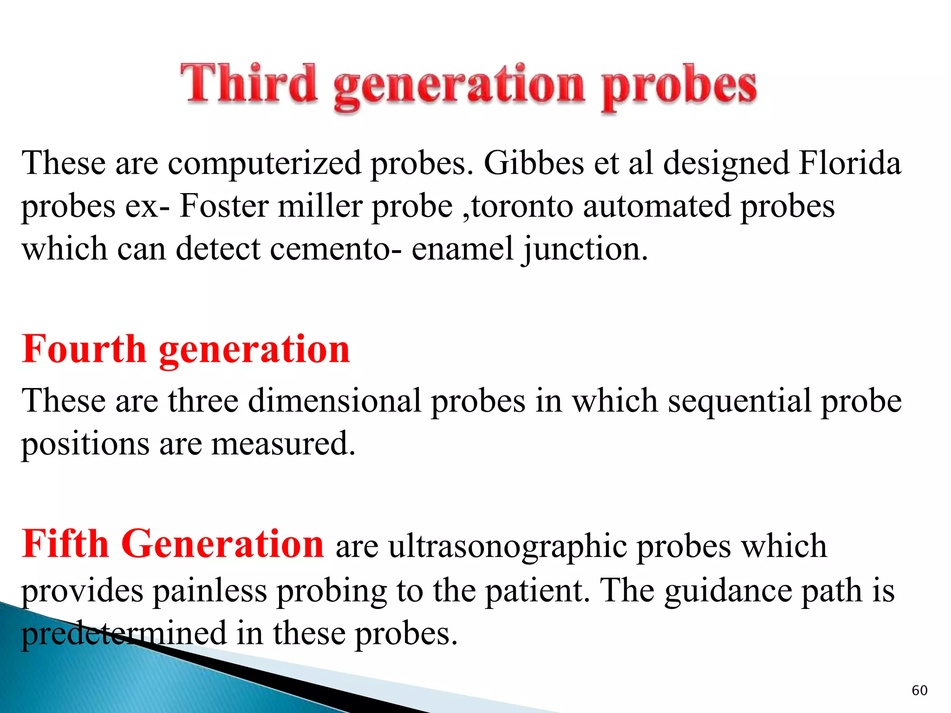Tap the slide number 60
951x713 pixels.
pos(919,690)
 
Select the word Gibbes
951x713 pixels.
pos(534,163)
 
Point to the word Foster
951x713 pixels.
pos(224,206)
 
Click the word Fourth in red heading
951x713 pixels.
pos(84,349)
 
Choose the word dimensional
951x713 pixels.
pos(334,401)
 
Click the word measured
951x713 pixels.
pos(283,443)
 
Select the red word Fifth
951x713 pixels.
pos(65,544)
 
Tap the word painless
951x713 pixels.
pos(210,591)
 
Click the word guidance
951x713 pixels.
pos(728,591)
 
